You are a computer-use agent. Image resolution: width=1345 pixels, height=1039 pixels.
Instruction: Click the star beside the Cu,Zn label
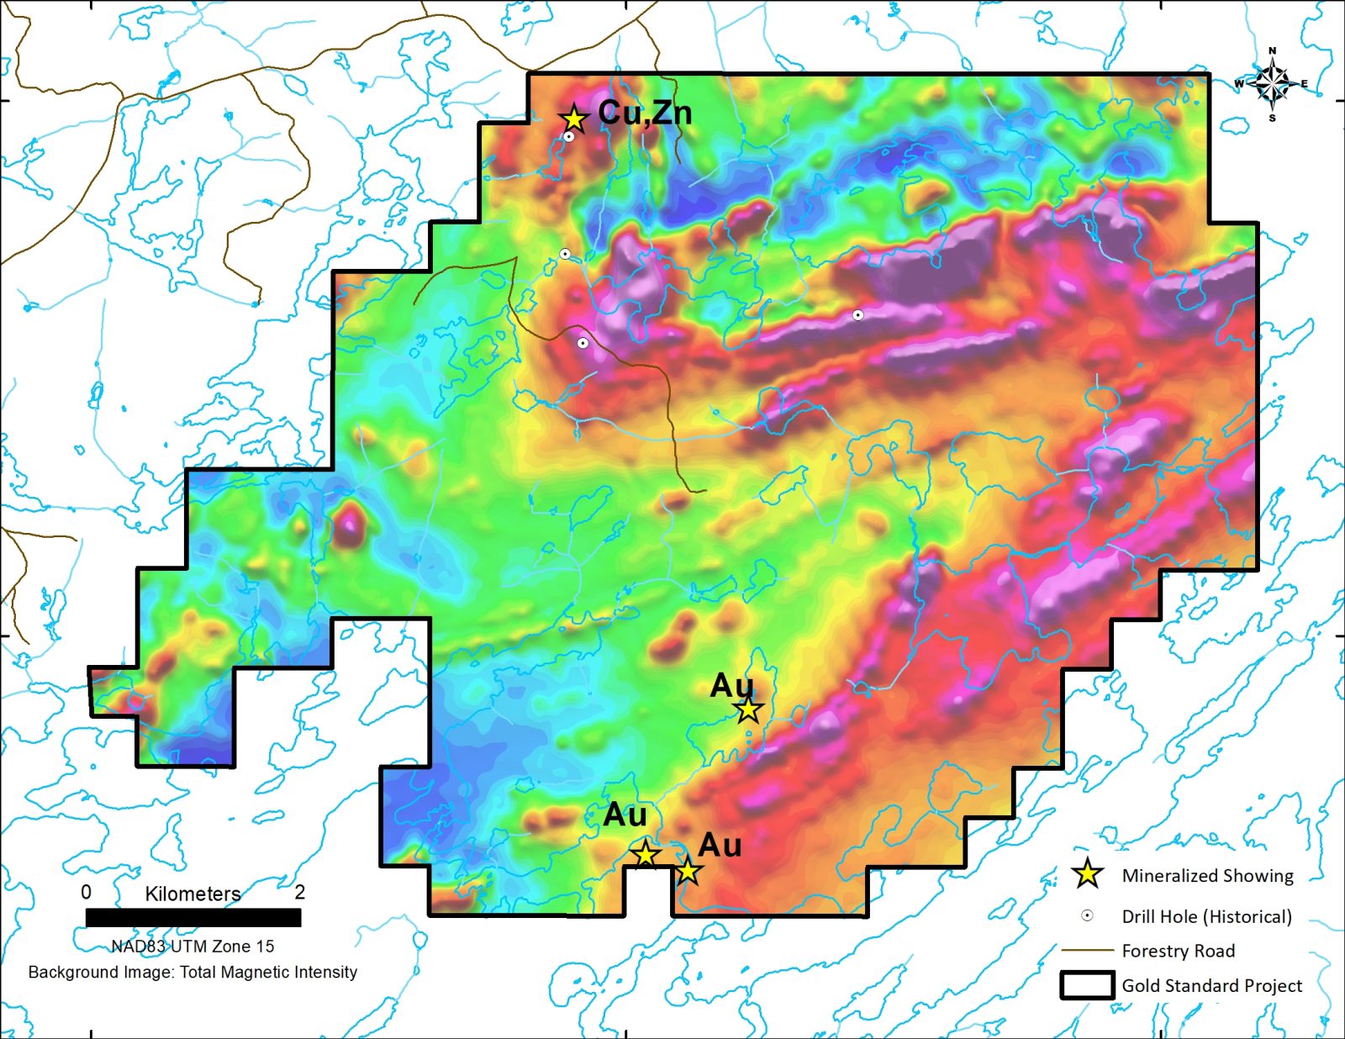[573, 119]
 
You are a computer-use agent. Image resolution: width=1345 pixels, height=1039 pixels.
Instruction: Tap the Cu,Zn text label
[645, 113]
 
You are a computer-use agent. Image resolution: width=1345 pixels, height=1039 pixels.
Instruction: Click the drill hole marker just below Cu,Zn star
[569, 136]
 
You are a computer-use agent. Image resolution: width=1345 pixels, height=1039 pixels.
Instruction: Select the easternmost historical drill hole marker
[857, 315]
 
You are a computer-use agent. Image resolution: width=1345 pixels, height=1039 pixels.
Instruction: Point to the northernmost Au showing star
[748, 710]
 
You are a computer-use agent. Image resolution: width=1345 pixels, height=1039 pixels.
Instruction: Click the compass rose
[1273, 84]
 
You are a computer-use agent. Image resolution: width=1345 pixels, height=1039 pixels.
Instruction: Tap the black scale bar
[193, 917]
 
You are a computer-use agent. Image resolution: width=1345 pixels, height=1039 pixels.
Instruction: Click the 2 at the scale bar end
[299, 892]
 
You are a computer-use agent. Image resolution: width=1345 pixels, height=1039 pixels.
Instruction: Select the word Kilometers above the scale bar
[193, 894]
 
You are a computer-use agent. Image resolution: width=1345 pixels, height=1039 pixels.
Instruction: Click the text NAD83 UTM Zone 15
[193, 947]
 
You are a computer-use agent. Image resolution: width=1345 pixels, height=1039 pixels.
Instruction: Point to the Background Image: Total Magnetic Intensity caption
[193, 973]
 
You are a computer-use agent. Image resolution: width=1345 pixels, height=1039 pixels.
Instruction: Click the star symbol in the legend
[1088, 874]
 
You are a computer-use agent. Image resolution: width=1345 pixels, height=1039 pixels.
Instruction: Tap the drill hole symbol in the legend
[1087, 916]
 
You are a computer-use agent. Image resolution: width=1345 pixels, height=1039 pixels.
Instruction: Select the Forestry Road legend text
[1178, 951]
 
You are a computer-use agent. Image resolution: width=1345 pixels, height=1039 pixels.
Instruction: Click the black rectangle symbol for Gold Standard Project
[1087, 985]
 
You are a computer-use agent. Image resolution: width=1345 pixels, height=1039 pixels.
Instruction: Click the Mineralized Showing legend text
[1207, 876]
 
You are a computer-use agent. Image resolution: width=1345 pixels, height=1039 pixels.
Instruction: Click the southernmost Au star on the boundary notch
[688, 871]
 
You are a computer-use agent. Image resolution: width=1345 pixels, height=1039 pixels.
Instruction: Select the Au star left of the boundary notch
[645, 855]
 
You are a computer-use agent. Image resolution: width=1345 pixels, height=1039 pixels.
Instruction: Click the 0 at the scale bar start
[86, 892]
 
